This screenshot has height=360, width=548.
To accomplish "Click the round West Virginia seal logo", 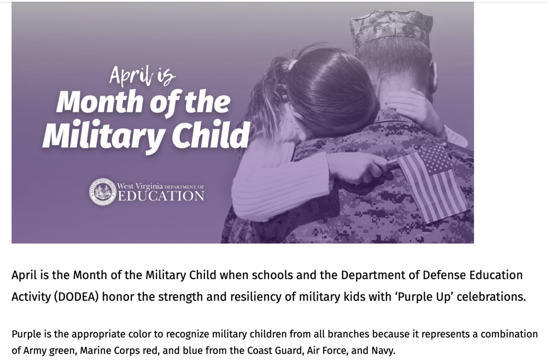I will point(103,192).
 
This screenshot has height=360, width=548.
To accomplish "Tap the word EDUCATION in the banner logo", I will point(161,196).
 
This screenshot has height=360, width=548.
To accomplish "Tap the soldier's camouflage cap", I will point(391,26).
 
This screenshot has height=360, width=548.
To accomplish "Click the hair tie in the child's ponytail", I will point(292,65).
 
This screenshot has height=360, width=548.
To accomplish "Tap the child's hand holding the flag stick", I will point(358,167).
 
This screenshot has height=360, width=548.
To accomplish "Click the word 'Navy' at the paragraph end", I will point(382,350).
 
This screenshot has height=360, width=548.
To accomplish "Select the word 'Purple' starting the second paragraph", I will point(24,334).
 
